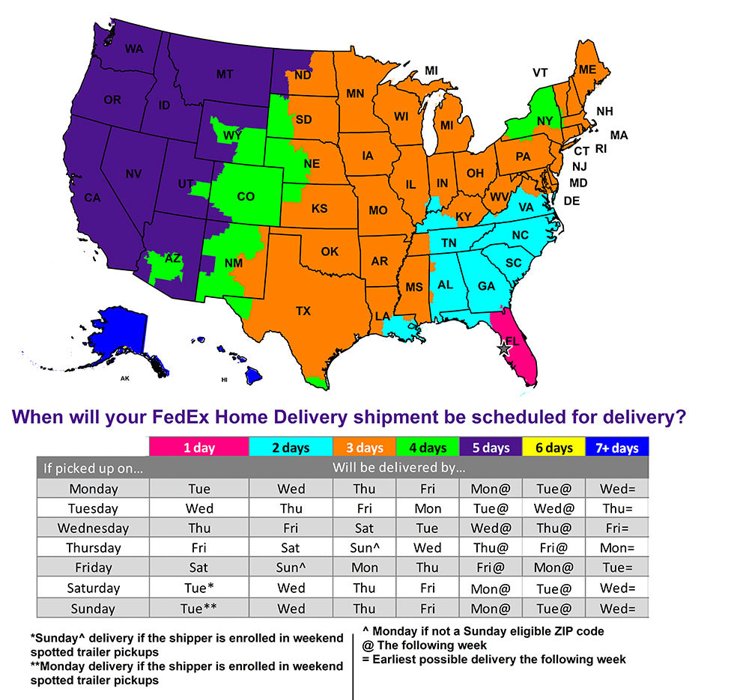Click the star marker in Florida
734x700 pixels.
503,348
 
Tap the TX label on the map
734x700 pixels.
303,311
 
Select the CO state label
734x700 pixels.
246,197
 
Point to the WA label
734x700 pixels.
134,49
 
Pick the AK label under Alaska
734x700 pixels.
125,380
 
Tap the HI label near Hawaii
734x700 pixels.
223,380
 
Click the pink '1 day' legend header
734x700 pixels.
198,448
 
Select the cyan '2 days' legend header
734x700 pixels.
291,448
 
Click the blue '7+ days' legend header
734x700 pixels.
618,448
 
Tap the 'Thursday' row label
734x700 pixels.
93,548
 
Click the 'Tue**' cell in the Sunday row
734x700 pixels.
198,608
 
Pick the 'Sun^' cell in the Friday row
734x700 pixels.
291,568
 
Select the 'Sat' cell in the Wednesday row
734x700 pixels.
365,528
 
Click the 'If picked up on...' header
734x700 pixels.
93,469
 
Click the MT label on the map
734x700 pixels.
224,74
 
